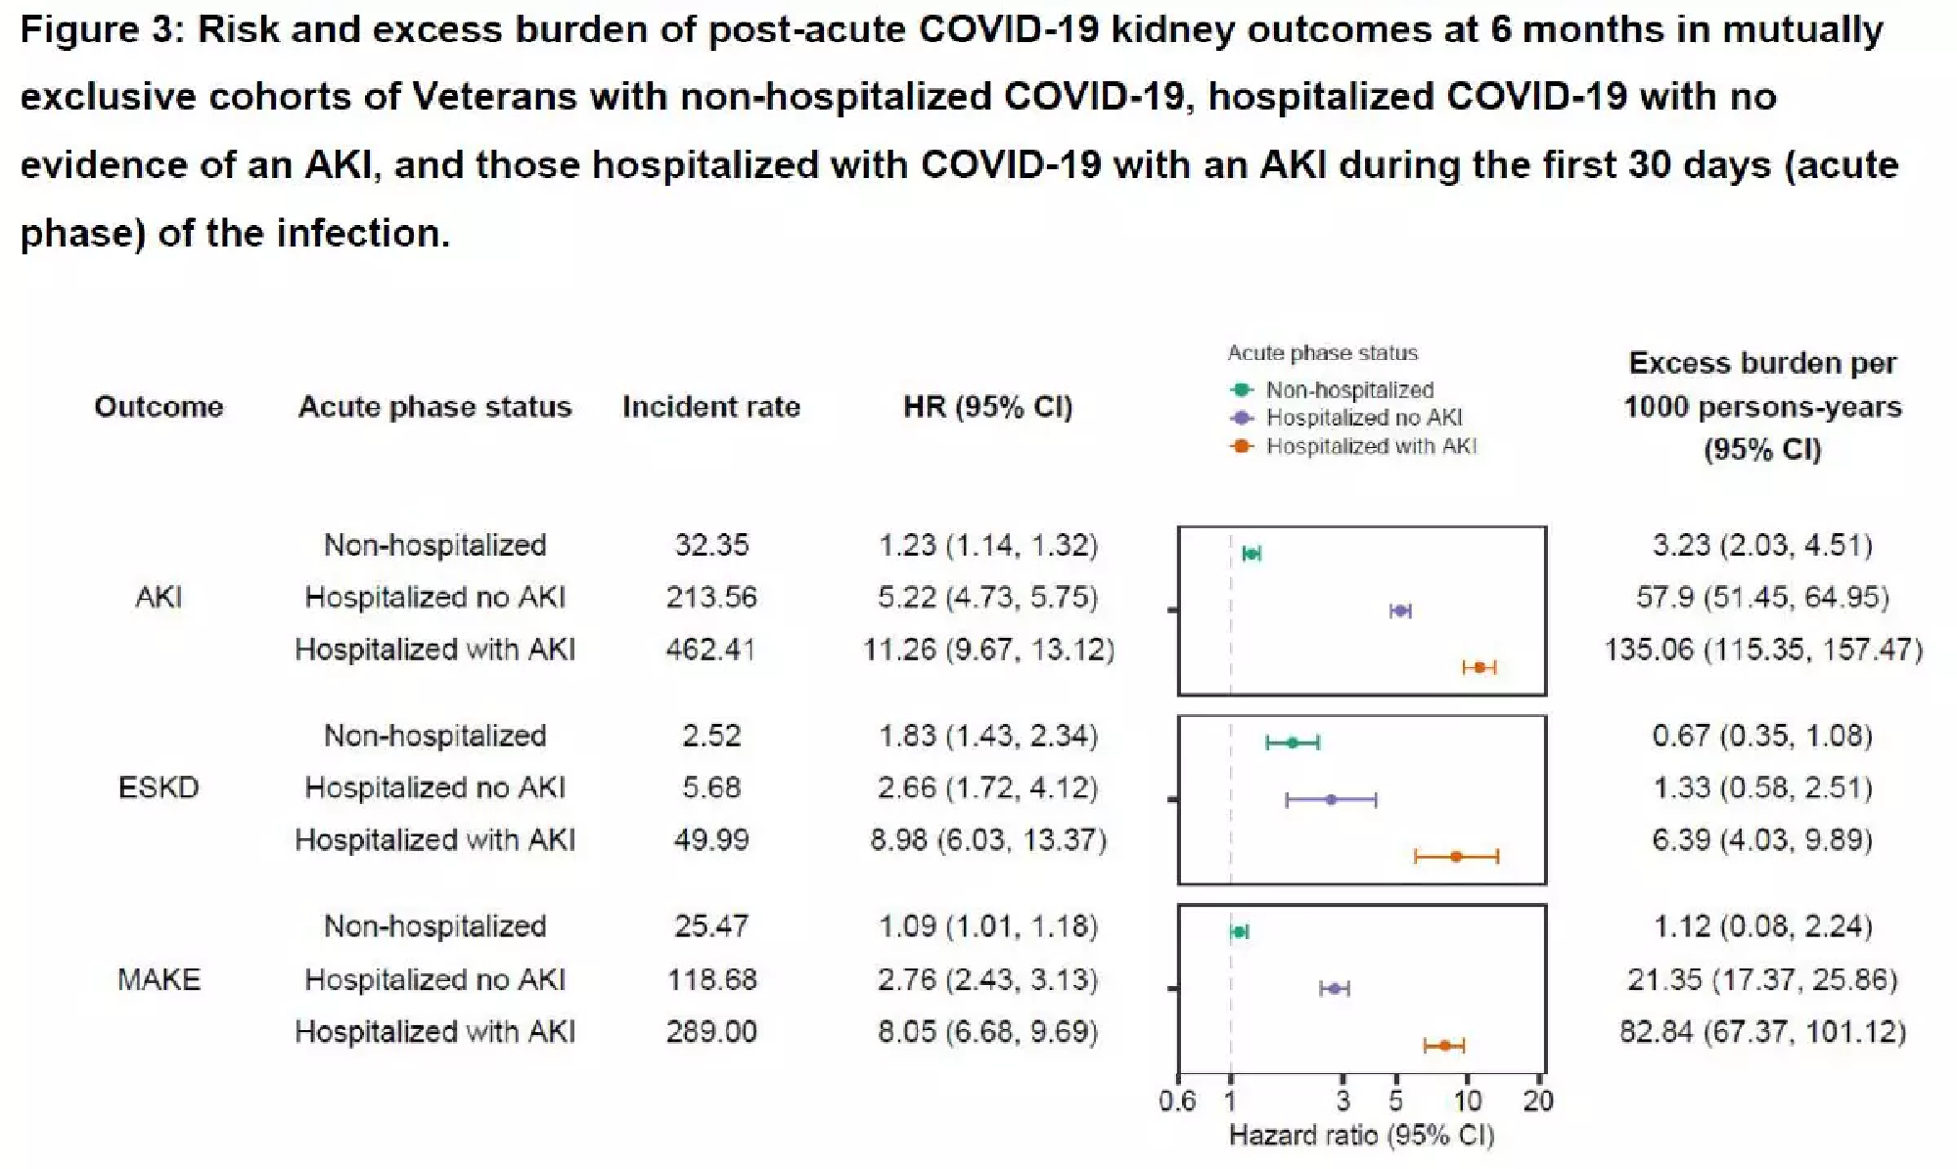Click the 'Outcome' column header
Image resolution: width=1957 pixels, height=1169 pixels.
click(159, 406)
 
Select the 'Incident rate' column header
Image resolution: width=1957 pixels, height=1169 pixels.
click(711, 406)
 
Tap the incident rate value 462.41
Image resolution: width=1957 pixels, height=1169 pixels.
click(711, 649)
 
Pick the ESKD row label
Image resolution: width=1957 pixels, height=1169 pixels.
click(159, 787)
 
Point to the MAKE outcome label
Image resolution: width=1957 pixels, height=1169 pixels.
click(159, 979)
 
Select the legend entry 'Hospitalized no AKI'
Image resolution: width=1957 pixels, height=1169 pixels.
click(1363, 418)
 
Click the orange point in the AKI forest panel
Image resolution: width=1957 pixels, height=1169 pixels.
click(1479, 667)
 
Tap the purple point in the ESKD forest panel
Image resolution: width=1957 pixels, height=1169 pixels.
click(1331, 800)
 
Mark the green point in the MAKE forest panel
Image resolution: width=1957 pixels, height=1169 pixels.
click(1239, 932)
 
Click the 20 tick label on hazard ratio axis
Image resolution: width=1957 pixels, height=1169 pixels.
click(1537, 1102)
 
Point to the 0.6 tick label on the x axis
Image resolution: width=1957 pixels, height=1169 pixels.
click(1177, 1102)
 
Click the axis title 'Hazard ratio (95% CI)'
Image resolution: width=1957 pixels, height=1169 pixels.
click(1361, 1136)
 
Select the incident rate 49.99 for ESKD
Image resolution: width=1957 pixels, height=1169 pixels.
click(711, 839)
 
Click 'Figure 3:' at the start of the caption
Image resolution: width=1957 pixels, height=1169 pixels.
click(102, 29)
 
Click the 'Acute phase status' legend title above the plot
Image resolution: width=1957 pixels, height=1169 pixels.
click(1322, 353)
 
